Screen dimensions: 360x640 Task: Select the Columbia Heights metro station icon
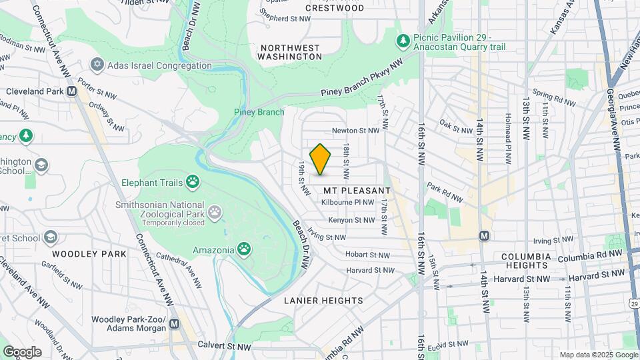[x=485, y=236]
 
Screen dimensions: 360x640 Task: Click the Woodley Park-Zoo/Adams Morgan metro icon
[x=175, y=323]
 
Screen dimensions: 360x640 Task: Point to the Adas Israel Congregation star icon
[x=98, y=65]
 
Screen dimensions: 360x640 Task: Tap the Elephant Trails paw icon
[x=193, y=180]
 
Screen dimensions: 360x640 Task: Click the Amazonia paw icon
[x=245, y=249]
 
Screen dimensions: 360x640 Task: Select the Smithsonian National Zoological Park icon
[x=215, y=212]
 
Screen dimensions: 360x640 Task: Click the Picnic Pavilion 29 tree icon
[x=403, y=41]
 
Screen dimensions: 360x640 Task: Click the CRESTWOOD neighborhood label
[x=335, y=8]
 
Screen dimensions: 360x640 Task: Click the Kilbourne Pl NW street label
[x=348, y=203]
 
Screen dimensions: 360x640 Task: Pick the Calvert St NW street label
[x=224, y=346]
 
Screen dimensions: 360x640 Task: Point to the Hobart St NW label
[x=367, y=255]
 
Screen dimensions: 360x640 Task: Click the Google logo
[x=22, y=352]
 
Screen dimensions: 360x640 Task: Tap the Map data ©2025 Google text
[x=598, y=355]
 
